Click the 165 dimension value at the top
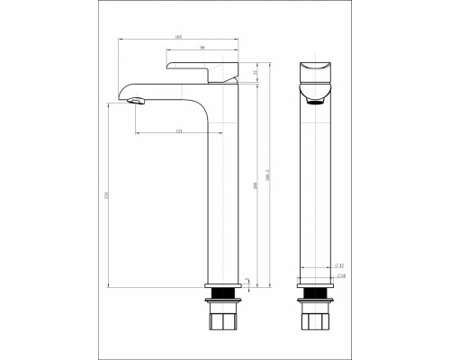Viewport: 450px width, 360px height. (178, 37)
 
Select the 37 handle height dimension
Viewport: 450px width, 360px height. (255, 72)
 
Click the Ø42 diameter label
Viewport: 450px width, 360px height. (337, 265)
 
